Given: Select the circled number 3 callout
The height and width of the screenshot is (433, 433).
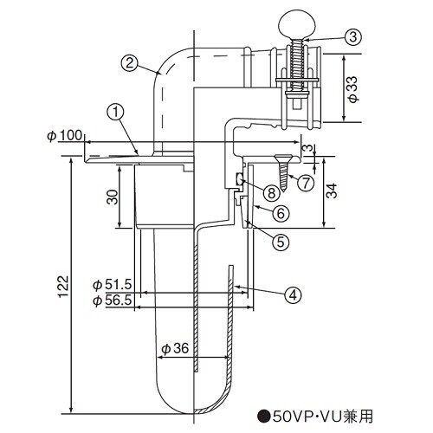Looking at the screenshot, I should click(352, 36).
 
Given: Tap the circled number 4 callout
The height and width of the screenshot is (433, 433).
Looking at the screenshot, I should click(294, 294).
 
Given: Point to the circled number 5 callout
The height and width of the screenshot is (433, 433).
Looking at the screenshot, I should click(280, 242).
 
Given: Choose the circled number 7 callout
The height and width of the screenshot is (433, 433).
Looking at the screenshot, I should click(304, 182).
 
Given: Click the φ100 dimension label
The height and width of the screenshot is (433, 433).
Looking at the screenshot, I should click(65, 136).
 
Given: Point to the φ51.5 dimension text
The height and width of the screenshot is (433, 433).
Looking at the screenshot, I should click(111, 285).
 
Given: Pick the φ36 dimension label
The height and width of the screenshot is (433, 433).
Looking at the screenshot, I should click(175, 349).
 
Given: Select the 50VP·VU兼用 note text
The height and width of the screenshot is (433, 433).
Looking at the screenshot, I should click(317, 416).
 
